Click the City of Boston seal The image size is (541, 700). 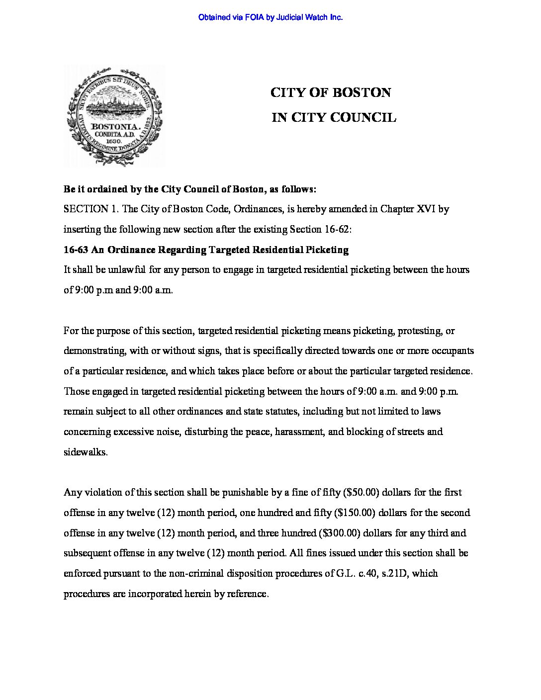point(114,116)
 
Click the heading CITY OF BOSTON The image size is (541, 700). point(331,93)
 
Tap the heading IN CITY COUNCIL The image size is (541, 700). point(334,118)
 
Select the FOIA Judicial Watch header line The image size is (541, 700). point(270,17)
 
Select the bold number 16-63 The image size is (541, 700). point(76,250)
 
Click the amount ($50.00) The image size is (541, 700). point(362,493)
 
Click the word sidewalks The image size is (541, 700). point(86,452)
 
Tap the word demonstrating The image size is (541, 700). point(94,351)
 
